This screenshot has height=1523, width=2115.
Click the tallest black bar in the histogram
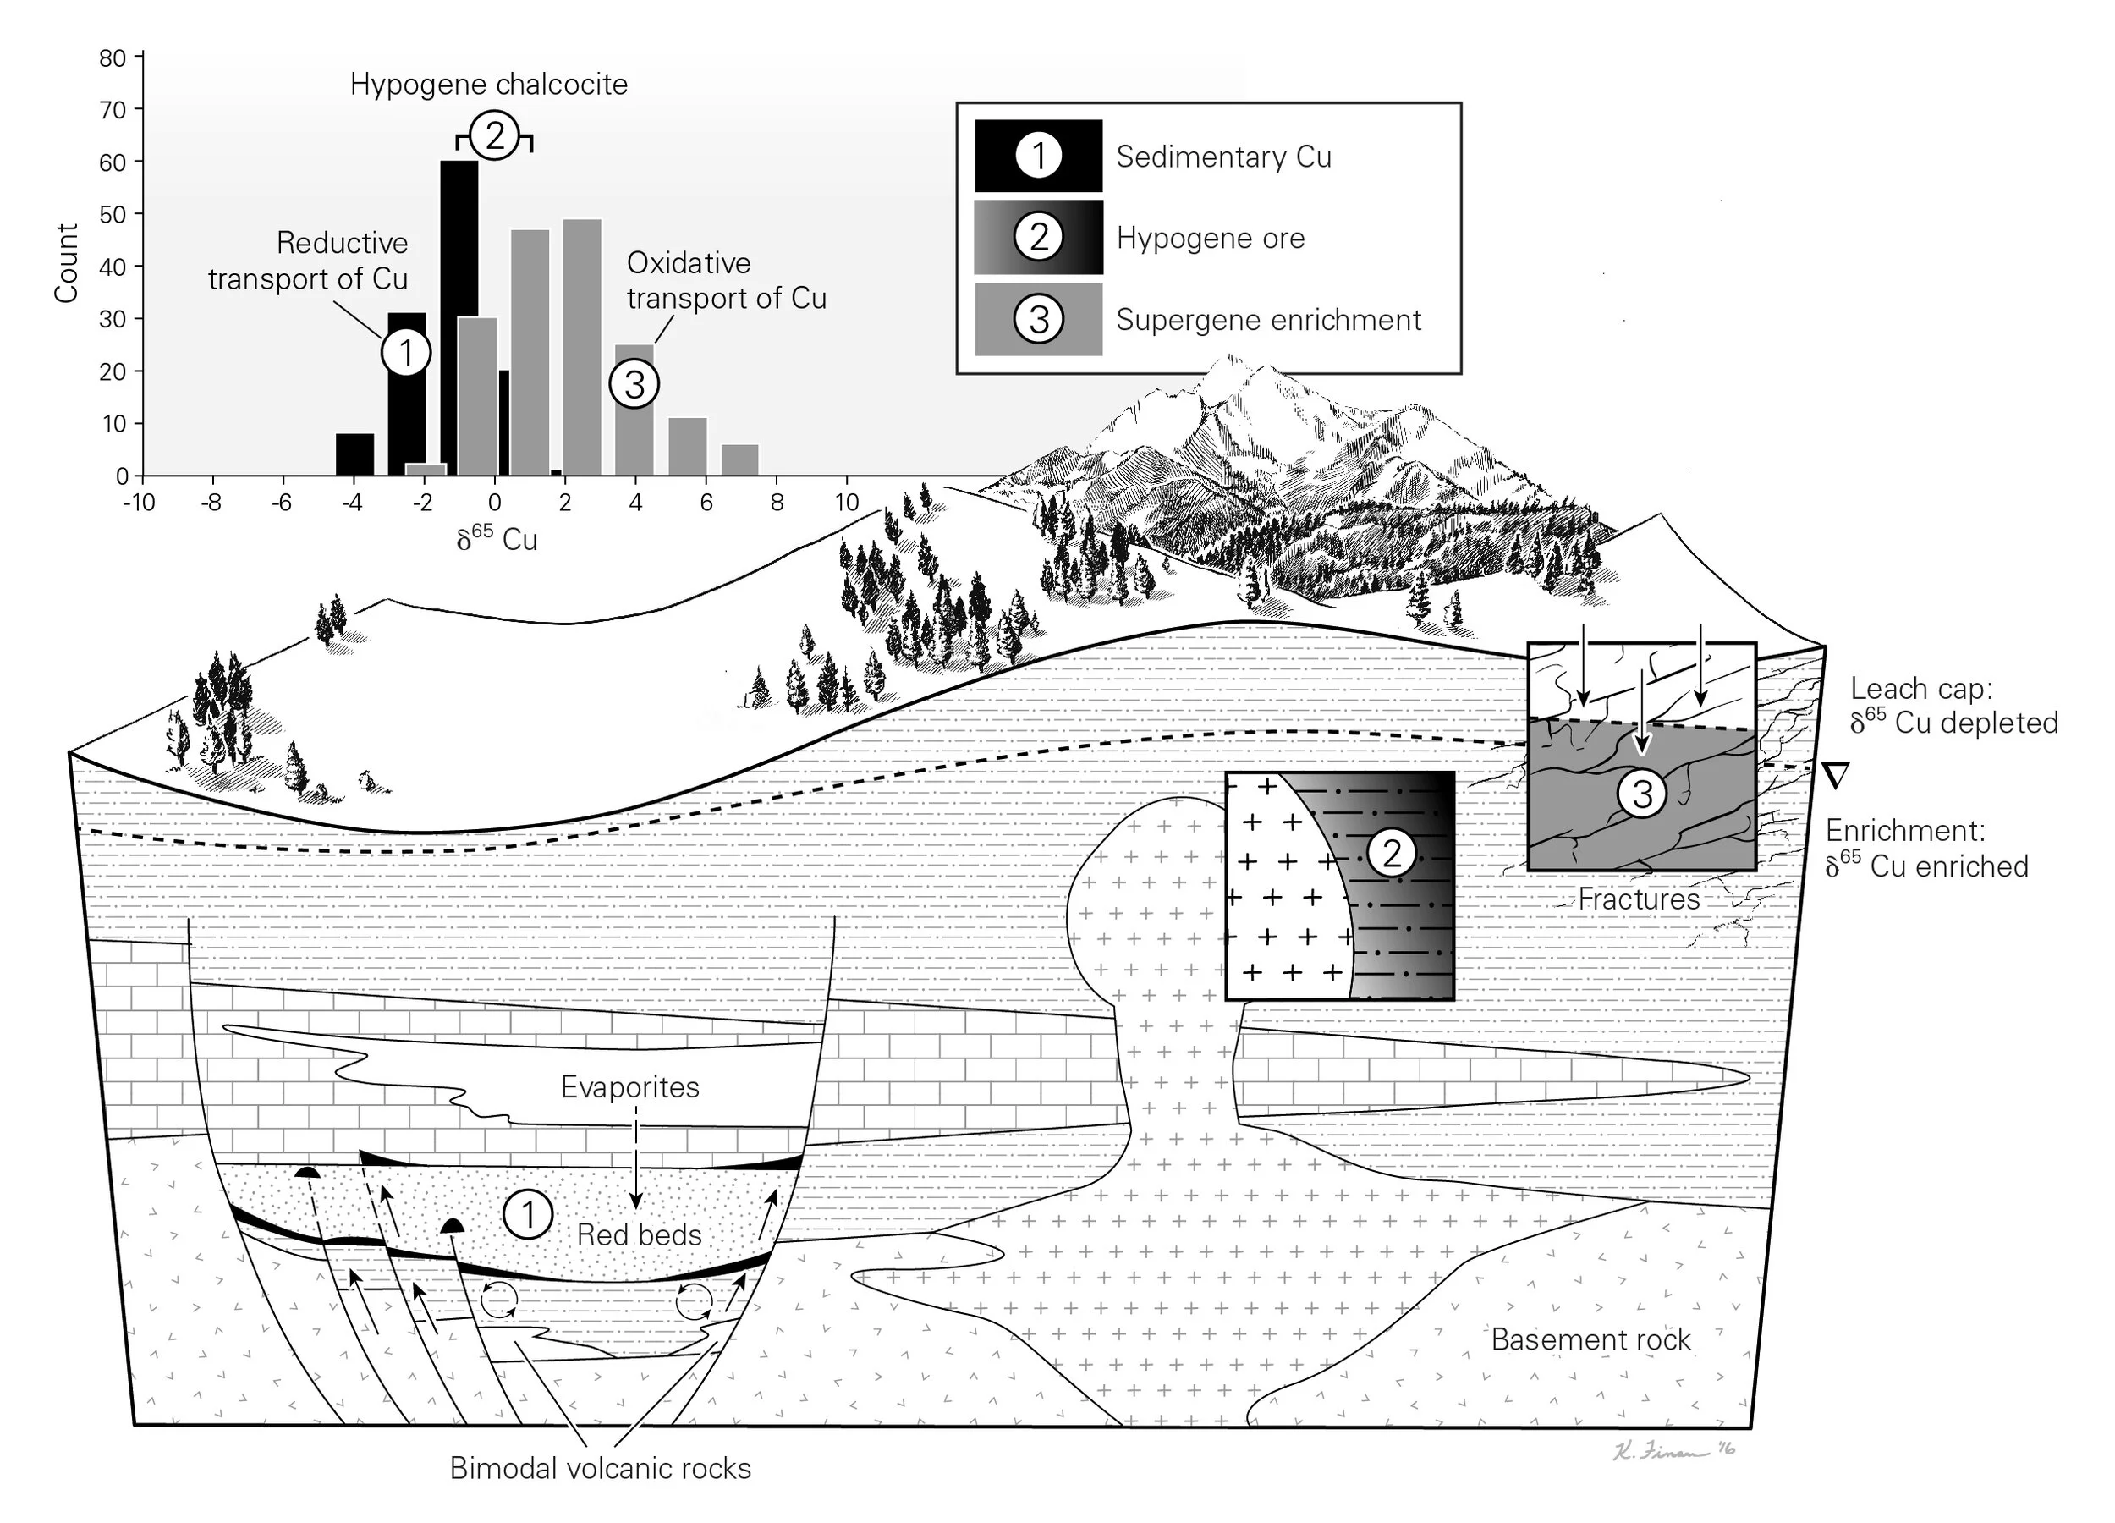(459, 318)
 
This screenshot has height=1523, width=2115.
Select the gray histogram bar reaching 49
(582, 347)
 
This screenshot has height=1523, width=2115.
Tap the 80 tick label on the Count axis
(112, 58)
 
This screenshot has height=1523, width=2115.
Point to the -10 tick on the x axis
(139, 502)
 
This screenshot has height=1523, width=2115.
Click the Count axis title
(65, 263)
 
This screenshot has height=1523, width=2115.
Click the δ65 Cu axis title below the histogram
(497, 538)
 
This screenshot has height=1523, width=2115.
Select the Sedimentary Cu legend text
(1223, 157)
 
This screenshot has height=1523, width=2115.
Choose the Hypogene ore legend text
(1211, 238)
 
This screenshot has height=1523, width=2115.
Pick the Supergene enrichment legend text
(1268, 320)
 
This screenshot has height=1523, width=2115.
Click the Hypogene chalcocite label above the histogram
(489, 85)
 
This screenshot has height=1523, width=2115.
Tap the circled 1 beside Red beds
(528, 1214)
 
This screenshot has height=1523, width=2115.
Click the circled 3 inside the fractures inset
(1642, 794)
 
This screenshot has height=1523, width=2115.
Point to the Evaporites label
(629, 1087)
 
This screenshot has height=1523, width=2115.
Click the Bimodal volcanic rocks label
(600, 1468)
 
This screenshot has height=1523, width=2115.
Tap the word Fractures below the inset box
(1639, 899)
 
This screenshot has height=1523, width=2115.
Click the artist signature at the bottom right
(1673, 1451)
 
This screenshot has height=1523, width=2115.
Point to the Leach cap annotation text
(1953, 705)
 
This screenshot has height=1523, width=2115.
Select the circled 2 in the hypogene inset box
(1392, 852)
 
